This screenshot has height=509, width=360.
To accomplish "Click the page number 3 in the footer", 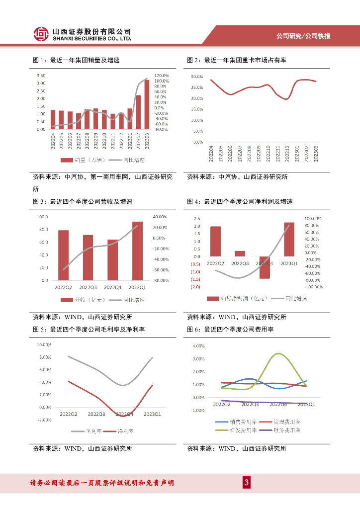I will click(x=246, y=483).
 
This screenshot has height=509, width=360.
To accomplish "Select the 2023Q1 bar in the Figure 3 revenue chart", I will click(x=137, y=251).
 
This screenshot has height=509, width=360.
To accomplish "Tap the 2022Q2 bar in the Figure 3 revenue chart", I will click(x=64, y=255).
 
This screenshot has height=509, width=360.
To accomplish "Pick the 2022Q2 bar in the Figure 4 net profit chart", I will click(x=215, y=241).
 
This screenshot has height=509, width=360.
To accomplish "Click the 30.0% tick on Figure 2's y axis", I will click(x=197, y=77).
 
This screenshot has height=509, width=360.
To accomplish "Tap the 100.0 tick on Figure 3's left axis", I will click(x=42, y=217).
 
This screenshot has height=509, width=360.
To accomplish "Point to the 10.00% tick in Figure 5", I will click(x=45, y=344).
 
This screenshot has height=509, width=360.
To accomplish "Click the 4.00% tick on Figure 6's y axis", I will click(x=198, y=345).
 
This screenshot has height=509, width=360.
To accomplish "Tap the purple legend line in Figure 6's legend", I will click(x=264, y=430).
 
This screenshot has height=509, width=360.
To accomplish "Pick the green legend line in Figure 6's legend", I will click(x=221, y=430).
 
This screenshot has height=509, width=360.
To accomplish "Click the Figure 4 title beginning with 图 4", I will click(x=240, y=202).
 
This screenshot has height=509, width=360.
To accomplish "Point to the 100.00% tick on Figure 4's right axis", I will click(x=313, y=218).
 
